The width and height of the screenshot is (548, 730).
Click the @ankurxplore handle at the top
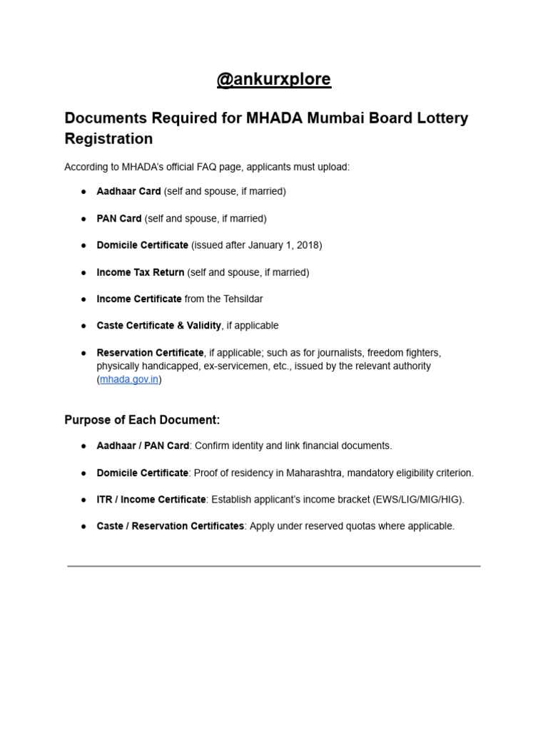coord(274,79)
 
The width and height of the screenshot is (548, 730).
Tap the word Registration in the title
coord(108,138)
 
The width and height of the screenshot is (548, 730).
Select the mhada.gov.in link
coord(128,379)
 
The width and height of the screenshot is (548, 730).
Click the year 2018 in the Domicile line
coord(308,245)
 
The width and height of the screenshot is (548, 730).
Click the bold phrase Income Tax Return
coord(141,272)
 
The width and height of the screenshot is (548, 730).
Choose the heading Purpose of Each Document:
coord(142,419)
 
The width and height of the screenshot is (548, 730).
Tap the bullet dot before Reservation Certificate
coord(83,353)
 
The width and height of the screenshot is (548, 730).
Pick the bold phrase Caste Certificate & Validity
coord(159,326)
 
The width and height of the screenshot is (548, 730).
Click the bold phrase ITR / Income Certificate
coord(151,499)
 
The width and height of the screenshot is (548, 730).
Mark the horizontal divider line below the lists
coord(274,566)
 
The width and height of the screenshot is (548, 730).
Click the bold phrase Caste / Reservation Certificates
coord(171,526)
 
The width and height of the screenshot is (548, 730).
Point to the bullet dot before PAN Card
coord(83,219)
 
